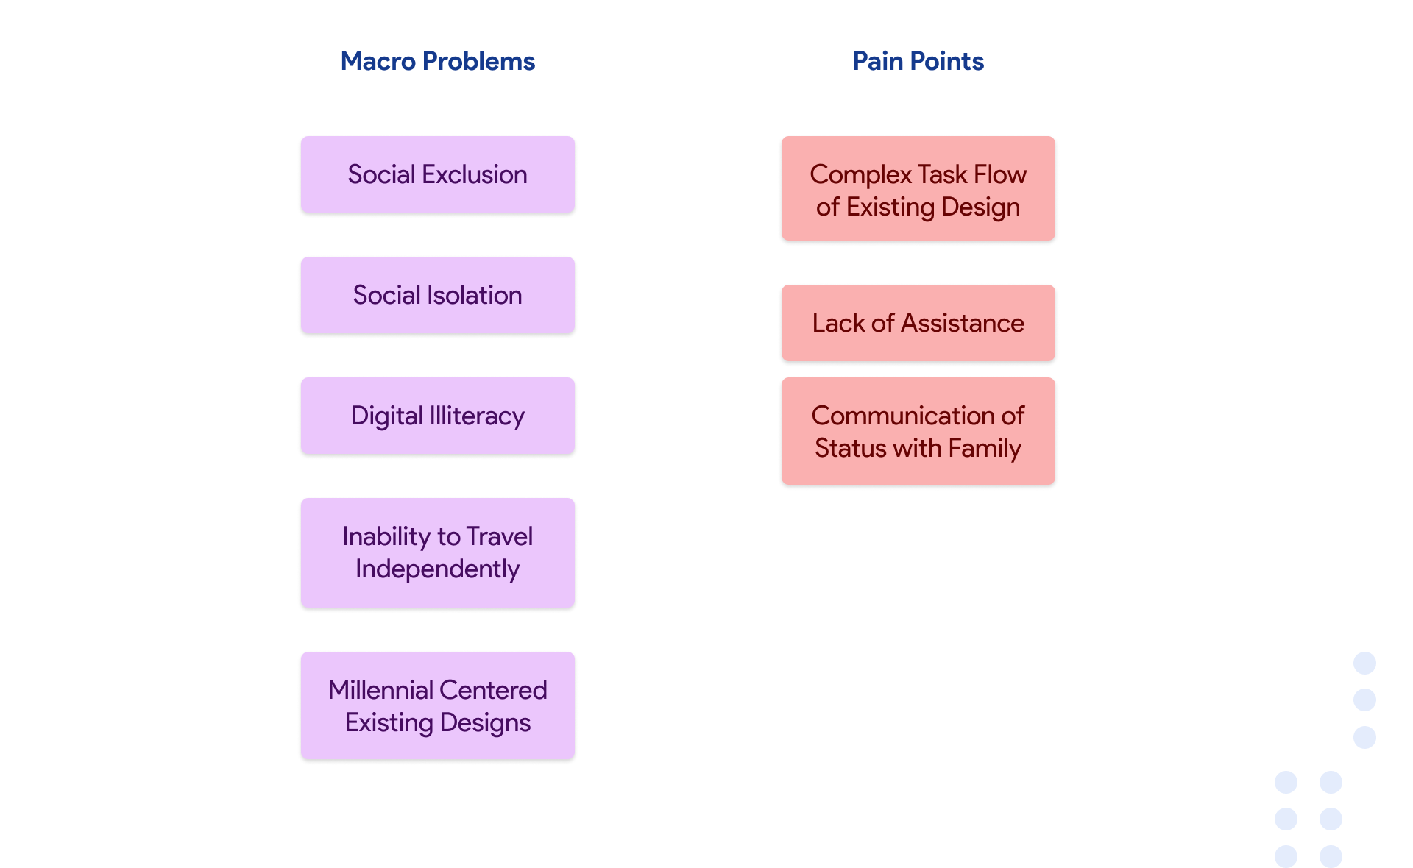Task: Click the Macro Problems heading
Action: (437, 61)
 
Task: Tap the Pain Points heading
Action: (918, 61)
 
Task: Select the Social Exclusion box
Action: (437, 174)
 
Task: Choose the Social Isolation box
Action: (437, 295)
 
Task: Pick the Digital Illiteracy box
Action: (437, 416)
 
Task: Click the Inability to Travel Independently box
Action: (437, 552)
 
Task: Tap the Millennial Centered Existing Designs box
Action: (437, 705)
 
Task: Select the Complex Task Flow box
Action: (918, 188)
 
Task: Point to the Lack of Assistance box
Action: (918, 323)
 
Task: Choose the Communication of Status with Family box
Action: (918, 431)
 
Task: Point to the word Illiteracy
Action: (477, 416)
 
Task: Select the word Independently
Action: (437, 569)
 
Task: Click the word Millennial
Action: (380, 690)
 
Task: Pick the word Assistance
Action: (962, 323)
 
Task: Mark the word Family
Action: (984, 448)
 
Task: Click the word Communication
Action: (904, 416)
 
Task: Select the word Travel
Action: (499, 536)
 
